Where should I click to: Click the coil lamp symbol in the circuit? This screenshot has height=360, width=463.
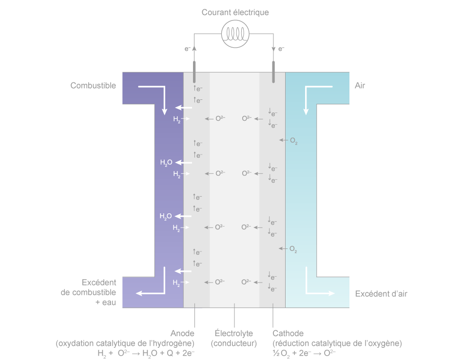pyautogui.click(x=235, y=34)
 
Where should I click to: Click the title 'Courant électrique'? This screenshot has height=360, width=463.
pyautogui.click(x=235, y=12)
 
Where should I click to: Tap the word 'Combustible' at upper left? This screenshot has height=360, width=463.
pyautogui.click(x=93, y=86)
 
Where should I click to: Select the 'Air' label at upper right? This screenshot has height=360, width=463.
pyautogui.click(x=360, y=86)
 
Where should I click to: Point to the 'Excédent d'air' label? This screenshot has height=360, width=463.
pyautogui.click(x=381, y=294)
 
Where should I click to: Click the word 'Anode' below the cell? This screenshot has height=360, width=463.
pyautogui.click(x=183, y=333)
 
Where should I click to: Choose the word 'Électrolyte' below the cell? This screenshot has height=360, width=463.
pyautogui.click(x=234, y=333)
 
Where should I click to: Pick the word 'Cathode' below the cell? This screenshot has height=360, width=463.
pyautogui.click(x=288, y=333)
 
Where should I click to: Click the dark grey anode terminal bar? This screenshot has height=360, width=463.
pyautogui.click(x=194, y=71)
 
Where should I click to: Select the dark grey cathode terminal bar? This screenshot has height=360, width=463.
pyautogui.click(x=273, y=71)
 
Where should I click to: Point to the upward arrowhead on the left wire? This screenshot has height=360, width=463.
pyautogui.click(x=194, y=48)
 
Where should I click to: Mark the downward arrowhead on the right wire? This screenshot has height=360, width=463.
pyautogui.click(x=273, y=49)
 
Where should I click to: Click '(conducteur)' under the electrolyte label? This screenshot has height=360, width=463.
pyautogui.click(x=234, y=343)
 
